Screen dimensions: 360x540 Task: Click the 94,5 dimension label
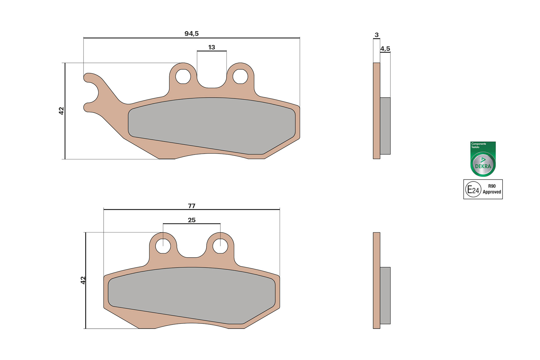tap(191, 34)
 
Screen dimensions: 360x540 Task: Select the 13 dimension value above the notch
tap(211, 47)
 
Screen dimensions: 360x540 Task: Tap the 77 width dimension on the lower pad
tap(191, 206)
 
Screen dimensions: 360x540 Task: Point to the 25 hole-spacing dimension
tap(191, 220)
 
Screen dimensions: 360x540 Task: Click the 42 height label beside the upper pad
tap(61, 111)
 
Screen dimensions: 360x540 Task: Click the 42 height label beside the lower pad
tap(83, 280)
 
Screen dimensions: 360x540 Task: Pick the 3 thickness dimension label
tap(377, 35)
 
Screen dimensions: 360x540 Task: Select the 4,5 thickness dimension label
tap(385, 49)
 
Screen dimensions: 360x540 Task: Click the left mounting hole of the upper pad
tap(183, 76)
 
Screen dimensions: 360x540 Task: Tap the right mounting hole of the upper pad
tap(240, 76)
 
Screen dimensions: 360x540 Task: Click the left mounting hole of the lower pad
tap(163, 246)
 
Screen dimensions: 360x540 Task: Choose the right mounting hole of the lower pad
tap(220, 246)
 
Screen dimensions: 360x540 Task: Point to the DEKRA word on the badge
tap(483, 166)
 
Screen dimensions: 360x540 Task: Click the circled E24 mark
tap(473, 189)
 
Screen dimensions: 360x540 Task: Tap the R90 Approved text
tap(492, 189)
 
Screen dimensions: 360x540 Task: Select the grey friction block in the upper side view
tap(385, 126)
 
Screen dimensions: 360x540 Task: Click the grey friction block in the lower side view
tap(385, 295)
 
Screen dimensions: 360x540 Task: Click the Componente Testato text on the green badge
tap(478, 145)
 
